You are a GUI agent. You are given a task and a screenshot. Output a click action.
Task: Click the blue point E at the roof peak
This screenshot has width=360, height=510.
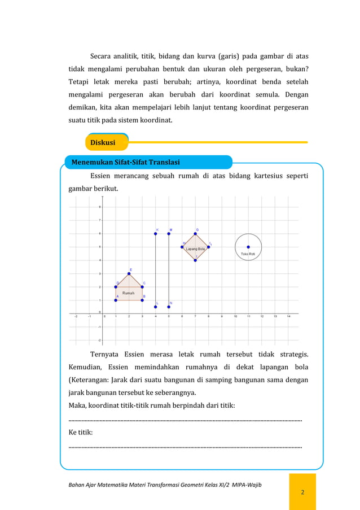tap(129, 273)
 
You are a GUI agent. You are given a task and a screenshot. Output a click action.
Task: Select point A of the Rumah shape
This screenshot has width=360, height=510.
tap(116, 300)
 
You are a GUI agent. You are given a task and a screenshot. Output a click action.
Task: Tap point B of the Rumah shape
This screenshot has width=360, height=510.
tap(142, 300)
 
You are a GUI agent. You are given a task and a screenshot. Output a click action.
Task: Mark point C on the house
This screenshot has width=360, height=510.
tap(142, 287)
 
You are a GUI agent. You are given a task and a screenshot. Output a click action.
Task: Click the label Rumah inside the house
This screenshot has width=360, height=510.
tap(129, 293)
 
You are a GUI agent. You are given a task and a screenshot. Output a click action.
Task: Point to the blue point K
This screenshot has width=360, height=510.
tap(156, 234)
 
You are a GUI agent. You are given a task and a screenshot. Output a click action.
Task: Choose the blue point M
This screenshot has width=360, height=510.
tap(169, 234)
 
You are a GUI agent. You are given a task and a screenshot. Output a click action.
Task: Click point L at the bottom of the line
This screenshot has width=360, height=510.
tap(156, 307)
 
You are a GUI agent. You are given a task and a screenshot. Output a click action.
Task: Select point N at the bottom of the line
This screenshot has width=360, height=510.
tap(169, 307)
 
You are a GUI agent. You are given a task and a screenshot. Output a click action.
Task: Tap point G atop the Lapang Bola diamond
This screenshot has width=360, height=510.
tap(195, 234)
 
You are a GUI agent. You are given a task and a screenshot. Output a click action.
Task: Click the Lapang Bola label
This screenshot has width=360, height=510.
tap(195, 249)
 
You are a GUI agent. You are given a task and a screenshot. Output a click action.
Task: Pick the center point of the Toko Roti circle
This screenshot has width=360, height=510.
tap(248, 247)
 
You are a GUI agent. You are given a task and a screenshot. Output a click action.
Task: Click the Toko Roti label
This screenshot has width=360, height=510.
tap(248, 254)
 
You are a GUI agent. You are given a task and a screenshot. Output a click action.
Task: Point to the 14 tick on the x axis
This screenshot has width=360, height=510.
tap(288, 317)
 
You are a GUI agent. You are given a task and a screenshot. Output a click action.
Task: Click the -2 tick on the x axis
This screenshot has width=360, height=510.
tap(77, 317)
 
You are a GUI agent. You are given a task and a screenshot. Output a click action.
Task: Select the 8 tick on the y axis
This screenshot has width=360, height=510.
tap(100, 207)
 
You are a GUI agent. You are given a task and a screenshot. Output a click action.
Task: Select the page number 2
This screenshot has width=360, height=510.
tap(302, 492)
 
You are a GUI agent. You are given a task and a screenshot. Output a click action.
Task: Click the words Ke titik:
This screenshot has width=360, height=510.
tap(81, 433)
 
